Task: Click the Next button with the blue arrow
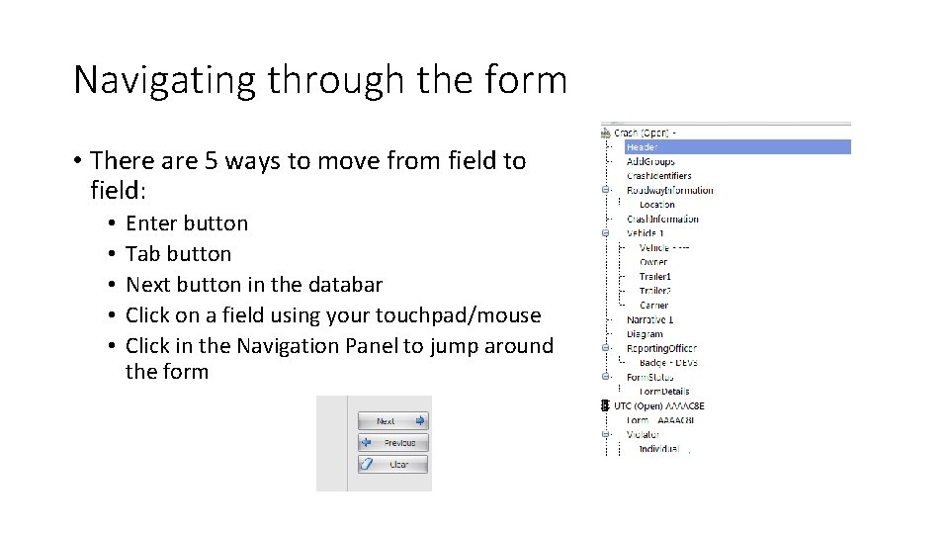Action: tap(392, 421)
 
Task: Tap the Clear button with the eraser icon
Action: tap(392, 464)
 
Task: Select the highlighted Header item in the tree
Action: tap(642, 146)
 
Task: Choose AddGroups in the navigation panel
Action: tap(650, 161)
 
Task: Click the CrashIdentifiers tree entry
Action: tap(658, 176)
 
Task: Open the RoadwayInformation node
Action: tap(669, 190)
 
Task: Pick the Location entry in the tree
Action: tap(656, 205)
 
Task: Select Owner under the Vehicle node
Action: tap(653, 262)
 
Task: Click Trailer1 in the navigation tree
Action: tap(655, 277)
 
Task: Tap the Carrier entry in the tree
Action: tap(653, 306)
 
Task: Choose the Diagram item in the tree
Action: tap(645, 334)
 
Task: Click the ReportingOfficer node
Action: tap(661, 348)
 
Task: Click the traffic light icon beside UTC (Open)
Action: tap(605, 405)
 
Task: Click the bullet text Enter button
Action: tap(187, 223)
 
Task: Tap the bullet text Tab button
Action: tap(178, 254)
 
